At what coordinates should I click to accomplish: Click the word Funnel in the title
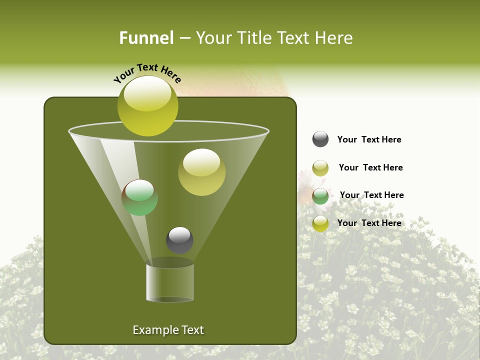[146, 38]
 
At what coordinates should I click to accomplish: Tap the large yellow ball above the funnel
[147, 106]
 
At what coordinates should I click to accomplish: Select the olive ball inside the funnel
[201, 172]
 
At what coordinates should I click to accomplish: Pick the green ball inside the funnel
[140, 197]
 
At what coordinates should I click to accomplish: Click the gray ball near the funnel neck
[179, 240]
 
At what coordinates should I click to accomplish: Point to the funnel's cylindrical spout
[170, 282]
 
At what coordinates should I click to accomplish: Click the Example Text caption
[168, 330]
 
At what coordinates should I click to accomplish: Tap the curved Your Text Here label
[147, 73]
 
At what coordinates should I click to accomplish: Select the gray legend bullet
[320, 139]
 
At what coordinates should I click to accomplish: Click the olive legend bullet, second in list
[320, 168]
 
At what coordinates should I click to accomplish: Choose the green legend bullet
[320, 196]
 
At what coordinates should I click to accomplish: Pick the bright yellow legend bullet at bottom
[320, 223]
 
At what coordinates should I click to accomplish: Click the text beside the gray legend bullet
[369, 139]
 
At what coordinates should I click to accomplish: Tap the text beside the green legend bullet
[371, 195]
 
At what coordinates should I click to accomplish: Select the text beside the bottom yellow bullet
[369, 223]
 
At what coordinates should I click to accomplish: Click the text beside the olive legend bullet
[370, 167]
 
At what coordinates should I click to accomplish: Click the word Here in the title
[334, 38]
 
